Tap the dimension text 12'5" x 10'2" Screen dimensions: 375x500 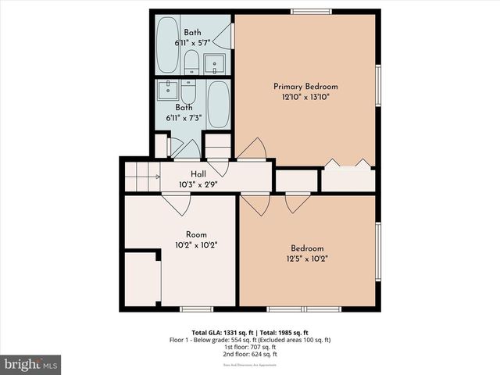[306, 259]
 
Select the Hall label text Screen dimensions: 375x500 [199, 174]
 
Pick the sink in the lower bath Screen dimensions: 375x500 [167, 90]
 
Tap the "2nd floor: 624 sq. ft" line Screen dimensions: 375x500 [250, 355]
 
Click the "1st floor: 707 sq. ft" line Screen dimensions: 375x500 [250, 348]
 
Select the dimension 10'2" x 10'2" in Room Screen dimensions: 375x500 [196, 245]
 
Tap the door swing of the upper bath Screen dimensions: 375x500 [223, 36]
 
